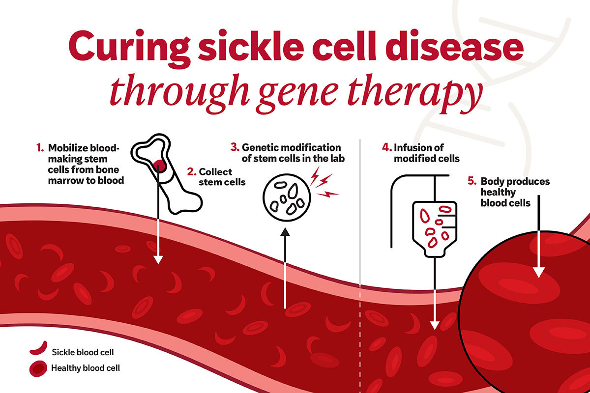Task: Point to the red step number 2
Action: [x=192, y=172]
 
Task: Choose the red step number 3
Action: [x=235, y=147]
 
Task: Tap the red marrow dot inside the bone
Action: [x=158, y=166]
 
